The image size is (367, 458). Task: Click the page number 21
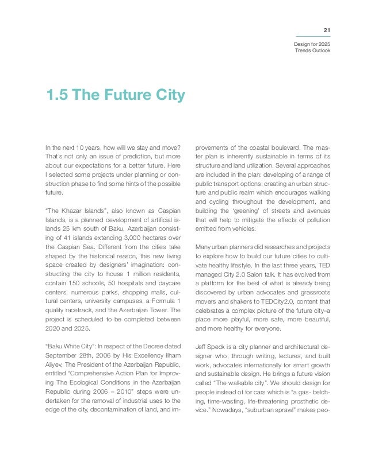327,29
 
